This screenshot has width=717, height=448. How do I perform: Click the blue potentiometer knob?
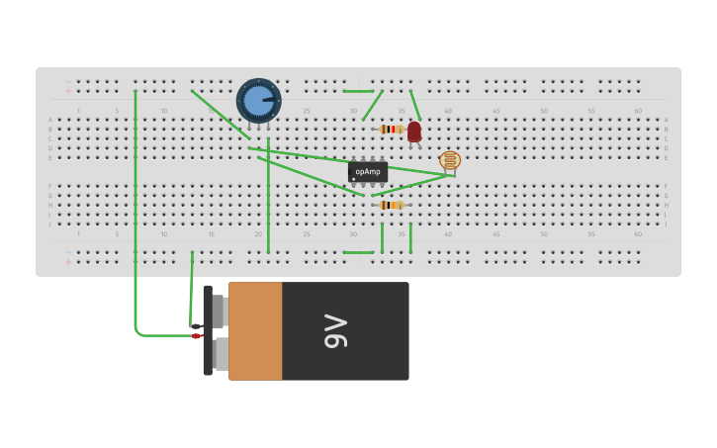point(258,101)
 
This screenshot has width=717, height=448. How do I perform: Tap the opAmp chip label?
point(368,172)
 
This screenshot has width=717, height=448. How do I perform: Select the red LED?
point(414,132)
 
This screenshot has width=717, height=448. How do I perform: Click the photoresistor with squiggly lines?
point(450,159)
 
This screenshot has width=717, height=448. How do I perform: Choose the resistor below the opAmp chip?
point(392,205)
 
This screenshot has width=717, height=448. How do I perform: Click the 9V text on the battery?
point(336,331)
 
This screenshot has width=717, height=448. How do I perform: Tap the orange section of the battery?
point(255,331)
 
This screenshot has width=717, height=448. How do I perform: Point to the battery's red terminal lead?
point(196,336)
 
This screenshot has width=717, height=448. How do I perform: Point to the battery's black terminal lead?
point(196,325)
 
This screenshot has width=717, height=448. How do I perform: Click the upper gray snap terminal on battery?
point(220,311)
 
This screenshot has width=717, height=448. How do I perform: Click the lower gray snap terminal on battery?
point(220,353)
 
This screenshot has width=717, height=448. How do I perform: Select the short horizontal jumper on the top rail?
point(359,91)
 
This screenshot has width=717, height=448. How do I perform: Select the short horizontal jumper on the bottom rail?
point(359,252)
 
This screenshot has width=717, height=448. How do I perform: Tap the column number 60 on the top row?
point(638,111)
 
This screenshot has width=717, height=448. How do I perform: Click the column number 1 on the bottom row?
point(79,234)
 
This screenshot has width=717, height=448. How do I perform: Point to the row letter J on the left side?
point(50,224)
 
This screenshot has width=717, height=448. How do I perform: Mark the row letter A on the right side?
point(666,120)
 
